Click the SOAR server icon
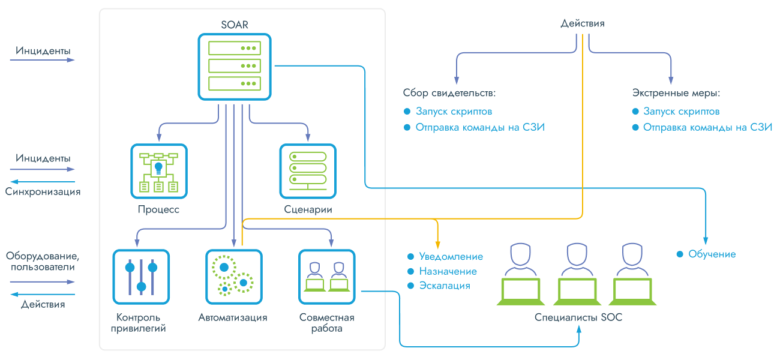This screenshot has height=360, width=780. pos(235,66)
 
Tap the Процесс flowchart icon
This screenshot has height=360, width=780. pos(159,172)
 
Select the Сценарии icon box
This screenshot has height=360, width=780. pos(308,172)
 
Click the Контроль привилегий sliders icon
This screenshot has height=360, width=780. pos(141,277)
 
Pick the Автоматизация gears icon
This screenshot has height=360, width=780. pos(234,277)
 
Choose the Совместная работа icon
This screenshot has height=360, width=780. pos(326,277)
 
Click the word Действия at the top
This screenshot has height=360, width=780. pos(582,24)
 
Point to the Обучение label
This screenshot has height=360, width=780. pos(712,254)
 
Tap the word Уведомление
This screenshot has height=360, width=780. pos(451,257)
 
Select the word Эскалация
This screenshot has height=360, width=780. pos(445,286)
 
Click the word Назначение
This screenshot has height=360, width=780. pos(448,271)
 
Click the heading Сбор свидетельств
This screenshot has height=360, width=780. pos(449,94)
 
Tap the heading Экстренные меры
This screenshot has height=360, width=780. pos(676,94)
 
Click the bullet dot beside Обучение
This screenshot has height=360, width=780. pos(680,254)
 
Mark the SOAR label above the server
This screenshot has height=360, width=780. pos(235,25)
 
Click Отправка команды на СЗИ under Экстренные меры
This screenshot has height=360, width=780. pos(707,127)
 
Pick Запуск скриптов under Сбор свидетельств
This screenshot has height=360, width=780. pos(454,112)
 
